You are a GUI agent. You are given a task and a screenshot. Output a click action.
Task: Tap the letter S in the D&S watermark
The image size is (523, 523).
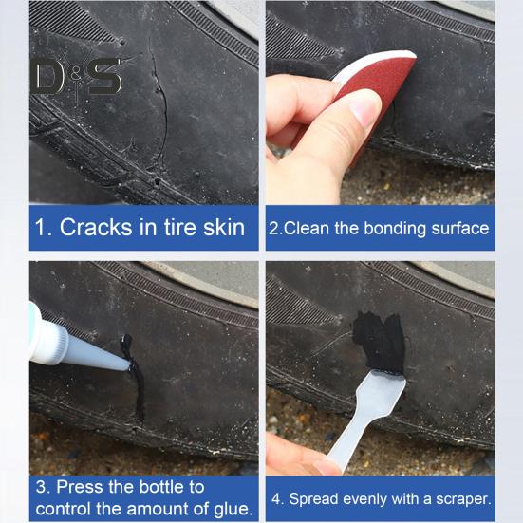click(x=104, y=77)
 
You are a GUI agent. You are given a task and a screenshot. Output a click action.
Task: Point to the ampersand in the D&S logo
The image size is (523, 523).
click(x=76, y=76)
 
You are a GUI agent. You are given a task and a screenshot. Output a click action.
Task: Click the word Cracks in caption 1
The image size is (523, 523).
click(x=96, y=228)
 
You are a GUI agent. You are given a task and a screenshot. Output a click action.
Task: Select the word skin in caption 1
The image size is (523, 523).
click(x=224, y=228)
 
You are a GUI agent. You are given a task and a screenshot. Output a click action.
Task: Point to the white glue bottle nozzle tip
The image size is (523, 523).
click(x=128, y=367)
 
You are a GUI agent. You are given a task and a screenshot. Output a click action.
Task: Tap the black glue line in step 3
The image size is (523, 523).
click(x=135, y=375)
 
